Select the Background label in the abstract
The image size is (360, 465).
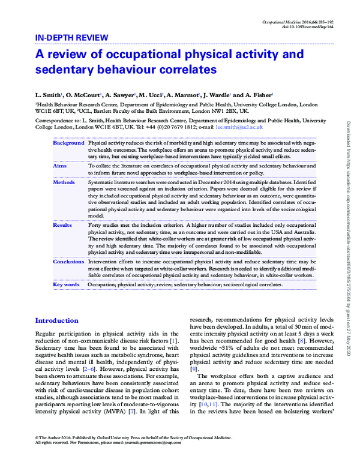(x=68, y=143)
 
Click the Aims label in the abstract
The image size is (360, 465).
(x=60, y=164)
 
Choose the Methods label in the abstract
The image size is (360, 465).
(x=64, y=181)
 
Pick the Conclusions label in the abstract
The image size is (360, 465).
(x=68, y=262)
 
